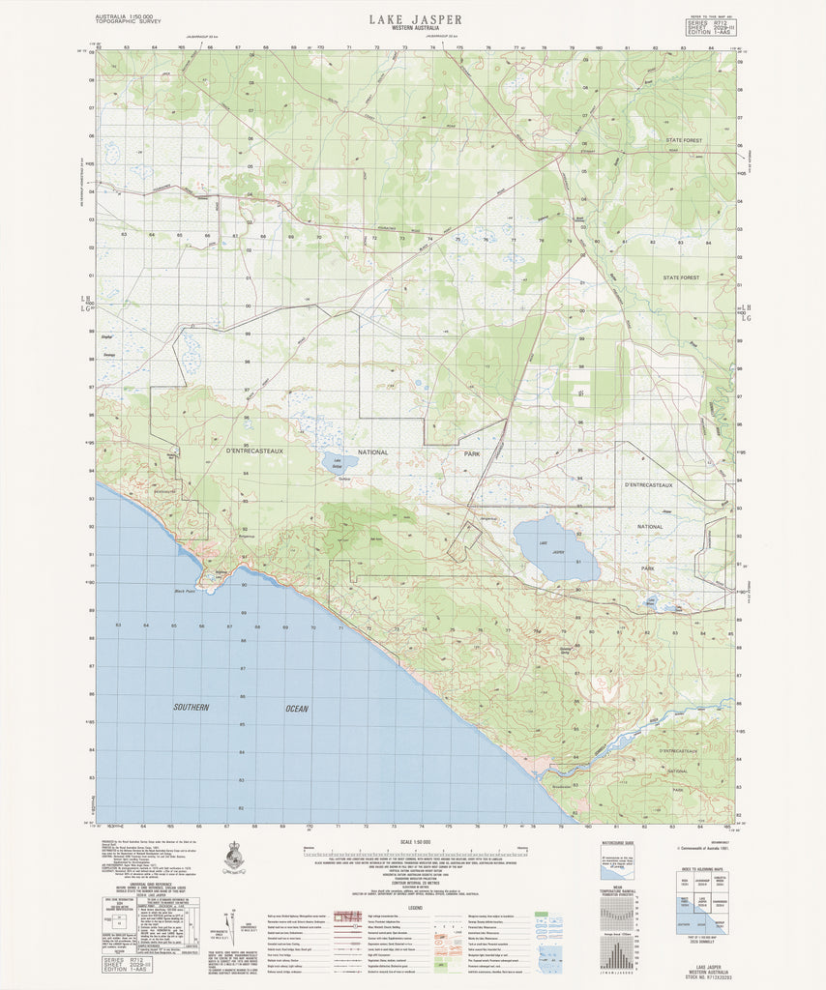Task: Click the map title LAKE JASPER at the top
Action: click(414, 18)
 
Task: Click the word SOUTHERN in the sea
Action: click(192, 708)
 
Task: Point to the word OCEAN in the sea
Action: click(296, 709)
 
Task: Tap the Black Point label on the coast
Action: click(184, 591)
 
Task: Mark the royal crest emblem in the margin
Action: click(233, 857)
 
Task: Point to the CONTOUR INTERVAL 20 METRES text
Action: click(414, 883)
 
